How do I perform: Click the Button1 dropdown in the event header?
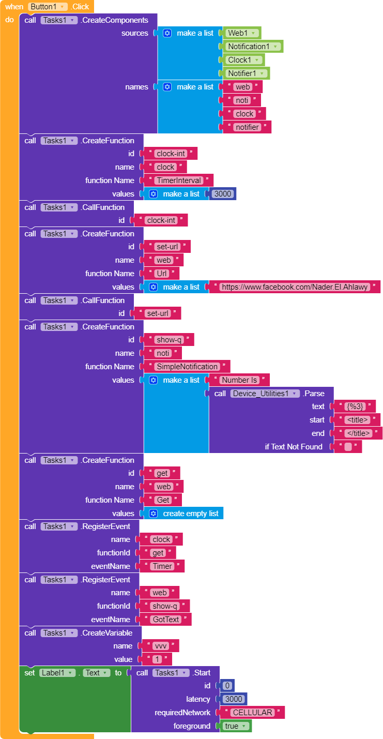tap(48, 7)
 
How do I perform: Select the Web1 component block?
tap(241, 33)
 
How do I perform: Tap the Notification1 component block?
tap(253, 47)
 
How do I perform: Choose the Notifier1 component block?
tap(246, 73)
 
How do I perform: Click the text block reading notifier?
tap(247, 127)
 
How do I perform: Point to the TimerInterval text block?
tap(178, 180)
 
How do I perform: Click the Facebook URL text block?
tap(295, 287)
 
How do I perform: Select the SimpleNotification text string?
tap(187, 367)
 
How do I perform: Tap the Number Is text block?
tap(239, 380)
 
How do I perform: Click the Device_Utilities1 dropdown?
tap(265, 394)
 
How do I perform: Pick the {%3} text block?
tap(355, 406)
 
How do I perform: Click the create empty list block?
tap(185, 514)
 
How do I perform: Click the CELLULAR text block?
tap(252, 713)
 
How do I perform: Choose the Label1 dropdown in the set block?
tap(57, 673)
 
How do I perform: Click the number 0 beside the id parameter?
tap(228, 686)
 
